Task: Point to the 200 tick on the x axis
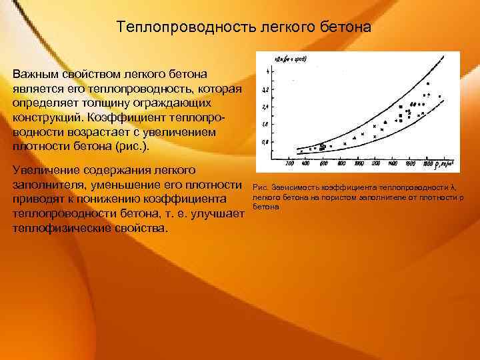click(289, 163)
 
